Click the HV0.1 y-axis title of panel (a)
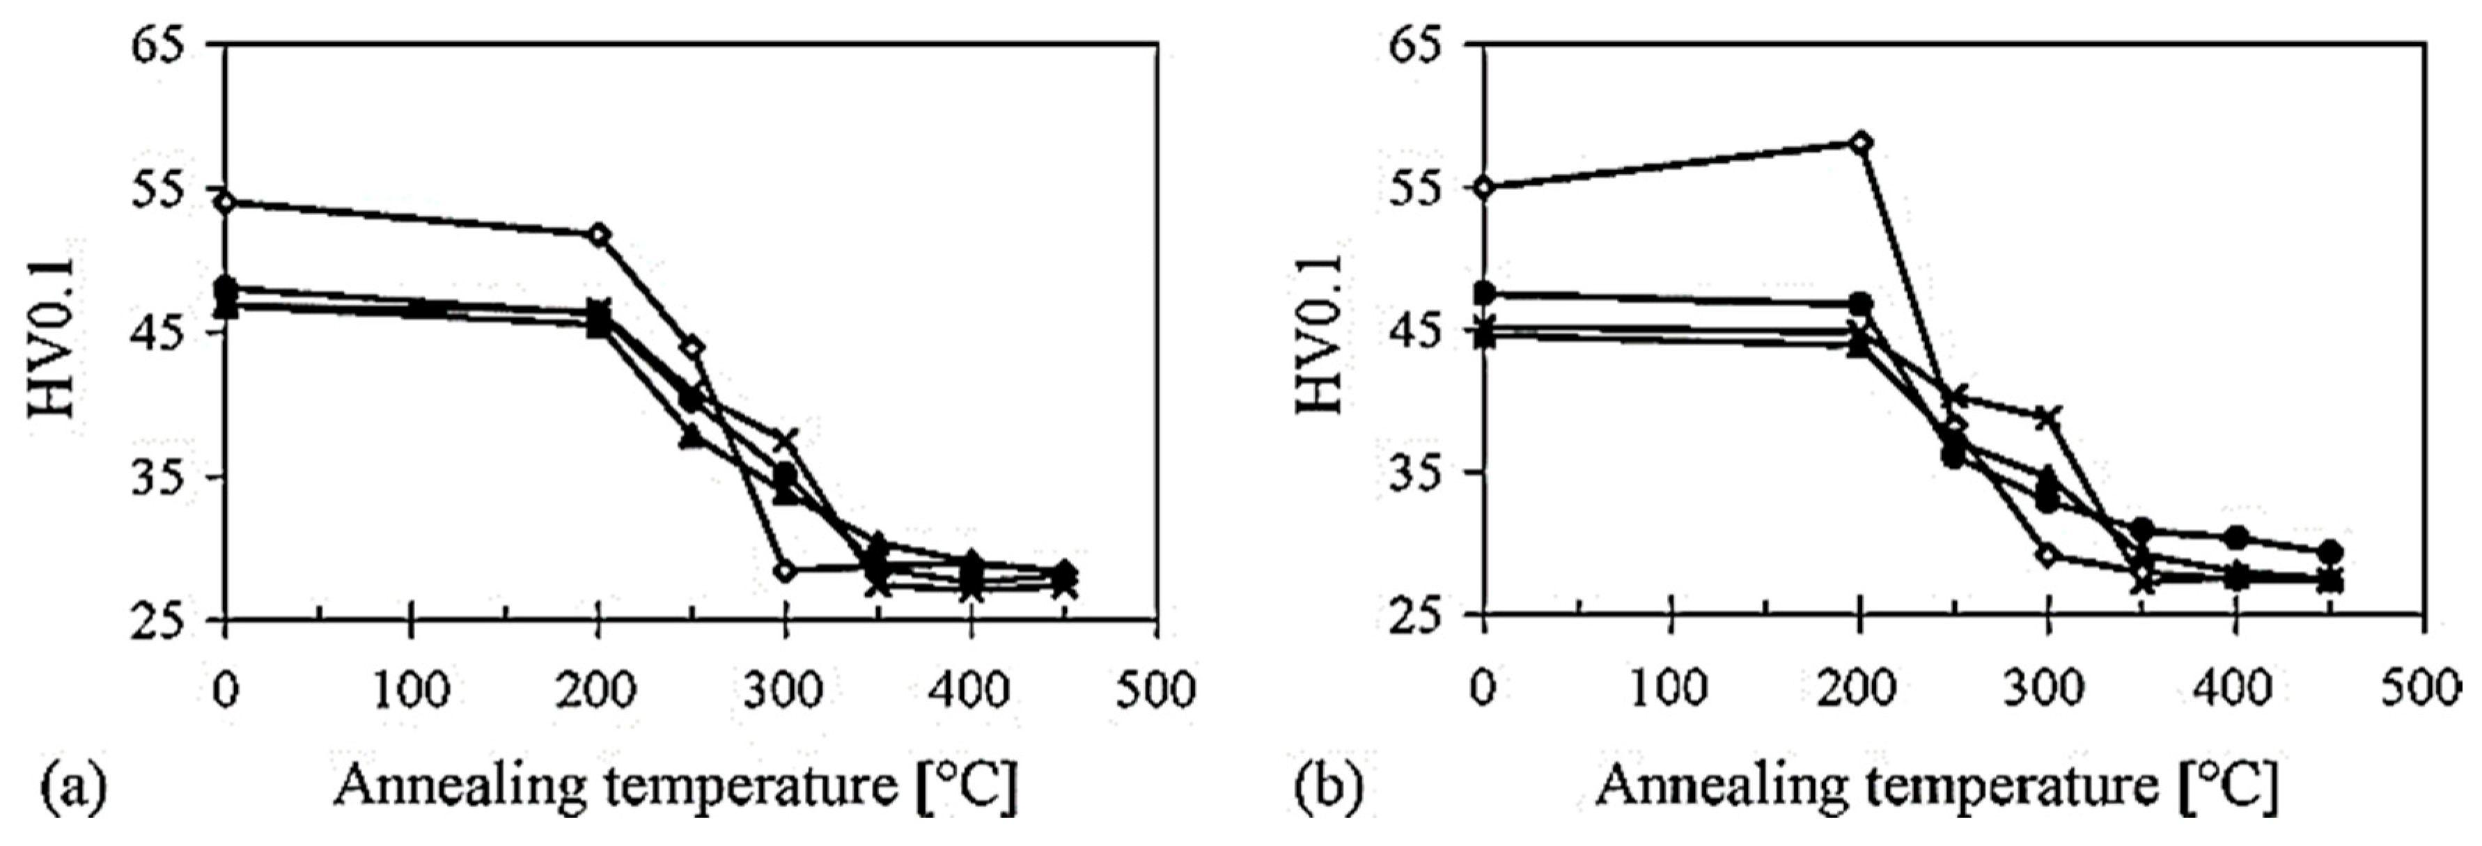tap(53, 337)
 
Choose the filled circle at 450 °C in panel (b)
tap(2329, 552)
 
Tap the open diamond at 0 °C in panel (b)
tap(1485, 187)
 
